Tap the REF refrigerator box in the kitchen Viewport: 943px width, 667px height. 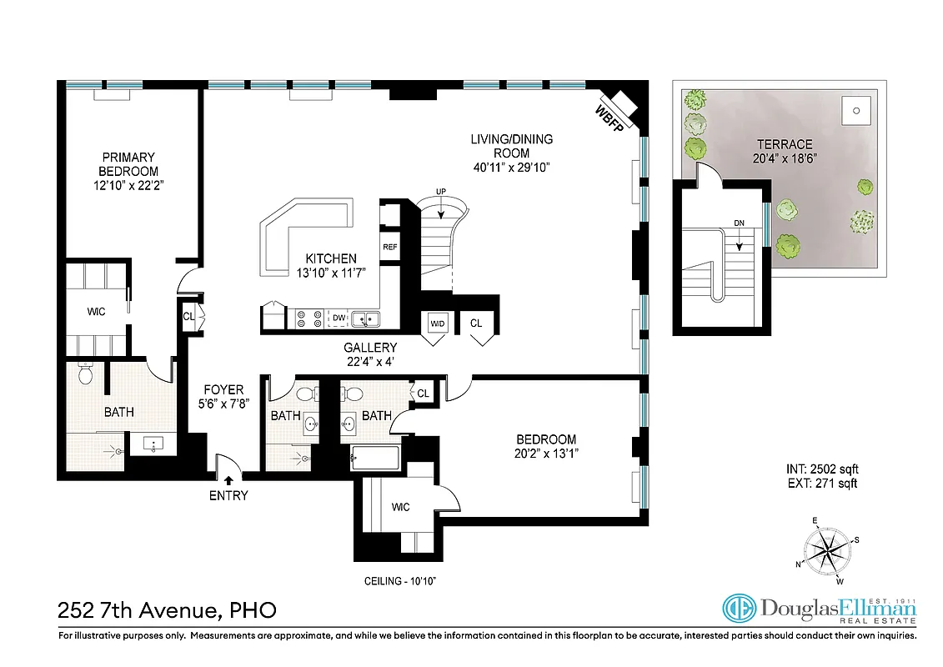[389, 247]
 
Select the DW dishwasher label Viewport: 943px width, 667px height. [339, 318]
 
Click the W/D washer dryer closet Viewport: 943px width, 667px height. [437, 323]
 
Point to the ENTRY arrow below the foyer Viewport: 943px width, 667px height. [228, 479]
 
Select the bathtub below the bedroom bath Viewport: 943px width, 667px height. [375, 455]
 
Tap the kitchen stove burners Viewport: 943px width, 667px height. [310, 318]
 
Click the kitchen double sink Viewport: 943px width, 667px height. [365, 318]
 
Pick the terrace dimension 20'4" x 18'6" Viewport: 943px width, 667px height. [780, 158]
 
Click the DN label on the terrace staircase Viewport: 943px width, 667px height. [739, 223]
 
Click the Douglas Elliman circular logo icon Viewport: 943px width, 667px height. [739, 609]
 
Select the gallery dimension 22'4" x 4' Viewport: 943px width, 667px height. [370, 361]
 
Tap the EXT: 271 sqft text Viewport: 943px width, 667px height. [821, 484]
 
